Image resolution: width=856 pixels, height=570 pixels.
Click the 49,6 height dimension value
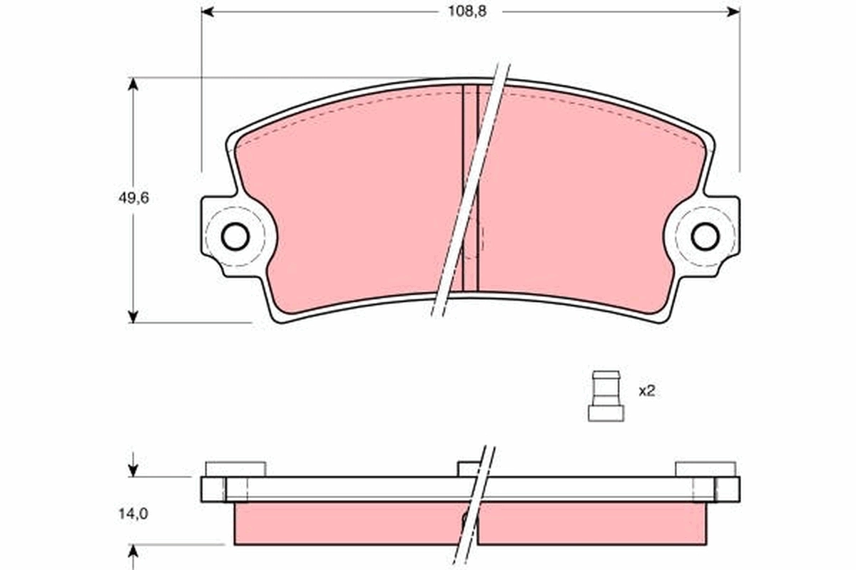[133, 199]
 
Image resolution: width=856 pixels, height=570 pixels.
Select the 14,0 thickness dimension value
[133, 512]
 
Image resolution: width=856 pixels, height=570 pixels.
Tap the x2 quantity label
[646, 391]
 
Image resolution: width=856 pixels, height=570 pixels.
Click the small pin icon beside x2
[606, 395]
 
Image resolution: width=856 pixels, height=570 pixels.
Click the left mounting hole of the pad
[235, 237]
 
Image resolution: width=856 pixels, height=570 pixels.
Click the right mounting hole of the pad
[705, 237]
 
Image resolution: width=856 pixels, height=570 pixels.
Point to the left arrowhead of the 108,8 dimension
[208, 11]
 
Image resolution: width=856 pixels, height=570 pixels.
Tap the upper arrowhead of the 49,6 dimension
[133, 84]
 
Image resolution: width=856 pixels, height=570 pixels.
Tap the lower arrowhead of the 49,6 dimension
[133, 316]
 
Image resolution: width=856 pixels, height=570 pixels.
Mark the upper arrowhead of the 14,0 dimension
[133, 471]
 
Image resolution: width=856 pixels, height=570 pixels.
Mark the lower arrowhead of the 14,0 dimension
[133, 551]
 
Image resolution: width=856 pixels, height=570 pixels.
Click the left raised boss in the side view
[235, 469]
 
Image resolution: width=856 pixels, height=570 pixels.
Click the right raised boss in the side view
[705, 469]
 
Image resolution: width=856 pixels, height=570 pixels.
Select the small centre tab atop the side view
[468, 469]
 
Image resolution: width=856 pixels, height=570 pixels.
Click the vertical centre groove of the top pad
[470, 185]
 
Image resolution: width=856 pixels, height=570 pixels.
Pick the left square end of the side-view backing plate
[213, 489]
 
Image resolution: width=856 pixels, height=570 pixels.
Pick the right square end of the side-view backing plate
[727, 489]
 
